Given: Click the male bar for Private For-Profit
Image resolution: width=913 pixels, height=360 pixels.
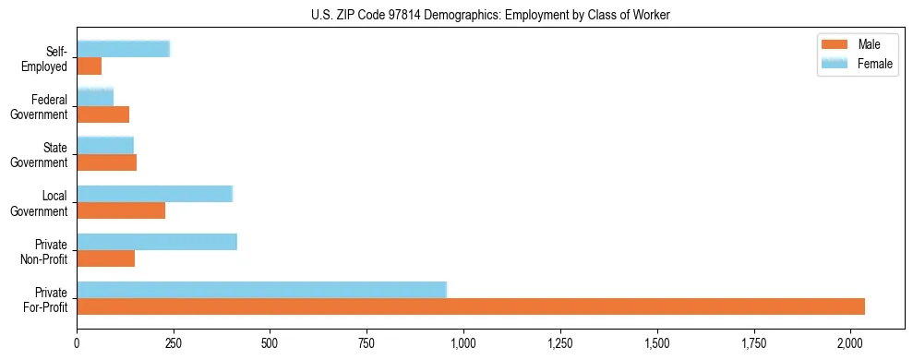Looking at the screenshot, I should [x=471, y=306].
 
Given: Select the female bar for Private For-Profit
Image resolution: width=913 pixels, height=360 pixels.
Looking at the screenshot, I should [x=261, y=290].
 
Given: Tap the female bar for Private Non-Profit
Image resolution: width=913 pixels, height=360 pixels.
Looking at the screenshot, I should [x=157, y=242].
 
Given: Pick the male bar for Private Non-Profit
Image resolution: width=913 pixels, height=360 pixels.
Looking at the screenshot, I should [x=106, y=258].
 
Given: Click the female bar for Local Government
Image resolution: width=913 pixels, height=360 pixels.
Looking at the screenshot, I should [x=154, y=194].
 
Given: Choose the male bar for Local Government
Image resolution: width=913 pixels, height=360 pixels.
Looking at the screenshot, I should [x=121, y=210].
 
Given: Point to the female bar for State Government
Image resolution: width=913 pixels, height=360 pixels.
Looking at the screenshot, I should [x=105, y=146].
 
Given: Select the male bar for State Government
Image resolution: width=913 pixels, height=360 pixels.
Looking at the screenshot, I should [x=107, y=162].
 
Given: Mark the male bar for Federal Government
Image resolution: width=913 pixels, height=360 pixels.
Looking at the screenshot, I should [x=102, y=114].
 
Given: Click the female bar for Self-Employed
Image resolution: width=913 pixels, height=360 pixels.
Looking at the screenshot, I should [x=123, y=50].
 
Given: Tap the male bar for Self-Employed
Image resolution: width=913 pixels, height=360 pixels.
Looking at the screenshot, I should [x=90, y=66].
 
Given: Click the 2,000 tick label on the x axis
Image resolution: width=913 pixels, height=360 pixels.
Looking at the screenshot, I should [x=849, y=343].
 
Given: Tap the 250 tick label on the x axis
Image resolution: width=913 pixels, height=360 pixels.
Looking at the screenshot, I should [x=174, y=343].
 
